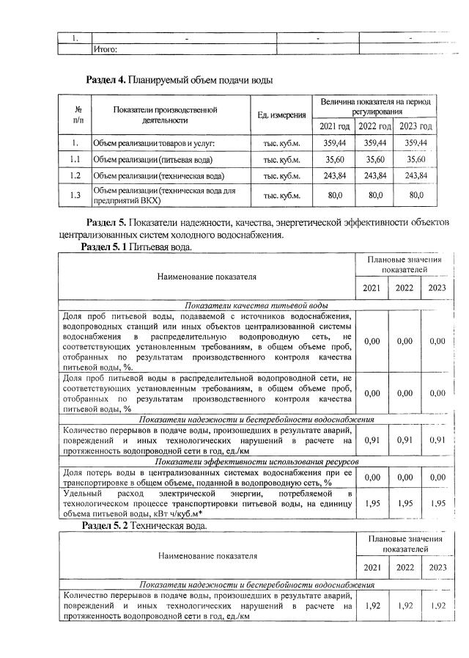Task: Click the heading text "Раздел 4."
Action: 106,78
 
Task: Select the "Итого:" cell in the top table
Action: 106,50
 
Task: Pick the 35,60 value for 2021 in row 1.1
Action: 333,159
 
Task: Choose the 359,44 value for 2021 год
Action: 333,143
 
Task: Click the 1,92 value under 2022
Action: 405,607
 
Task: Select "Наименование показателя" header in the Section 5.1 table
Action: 207,277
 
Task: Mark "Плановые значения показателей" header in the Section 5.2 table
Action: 405,544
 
